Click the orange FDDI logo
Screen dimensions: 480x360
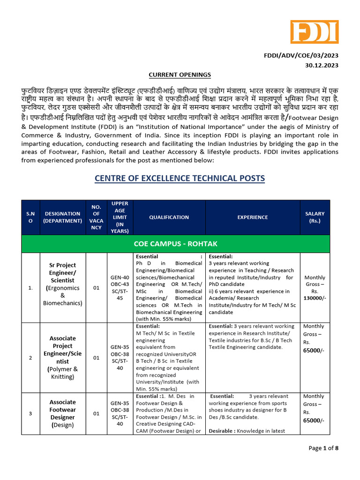pyautogui.click(x=314, y=32)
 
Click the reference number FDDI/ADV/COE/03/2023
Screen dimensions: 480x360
pyautogui.click(x=301, y=55)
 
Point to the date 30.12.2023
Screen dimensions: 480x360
pyautogui.click(x=321, y=65)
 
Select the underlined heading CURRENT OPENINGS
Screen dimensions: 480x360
pyautogui.click(x=180, y=75)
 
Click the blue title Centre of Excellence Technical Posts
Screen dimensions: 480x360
pyautogui.click(x=180, y=178)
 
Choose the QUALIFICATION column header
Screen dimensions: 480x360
pyautogui.click(x=169, y=217)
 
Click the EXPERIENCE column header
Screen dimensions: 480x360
pyautogui.click(x=253, y=217)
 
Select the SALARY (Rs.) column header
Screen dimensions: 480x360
pyautogui.click(x=315, y=217)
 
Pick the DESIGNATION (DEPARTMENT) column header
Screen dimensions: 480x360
pyautogui.click(x=60, y=217)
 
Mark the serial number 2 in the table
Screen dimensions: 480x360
pyautogui.click(x=30, y=358)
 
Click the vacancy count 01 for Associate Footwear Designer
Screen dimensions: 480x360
pyautogui.click(x=96, y=413)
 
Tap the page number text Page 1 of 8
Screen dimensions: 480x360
pyautogui.click(x=323, y=448)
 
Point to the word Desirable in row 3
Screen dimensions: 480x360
pyautogui.click(x=222, y=431)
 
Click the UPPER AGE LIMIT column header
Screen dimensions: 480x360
pyautogui.click(x=120, y=217)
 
